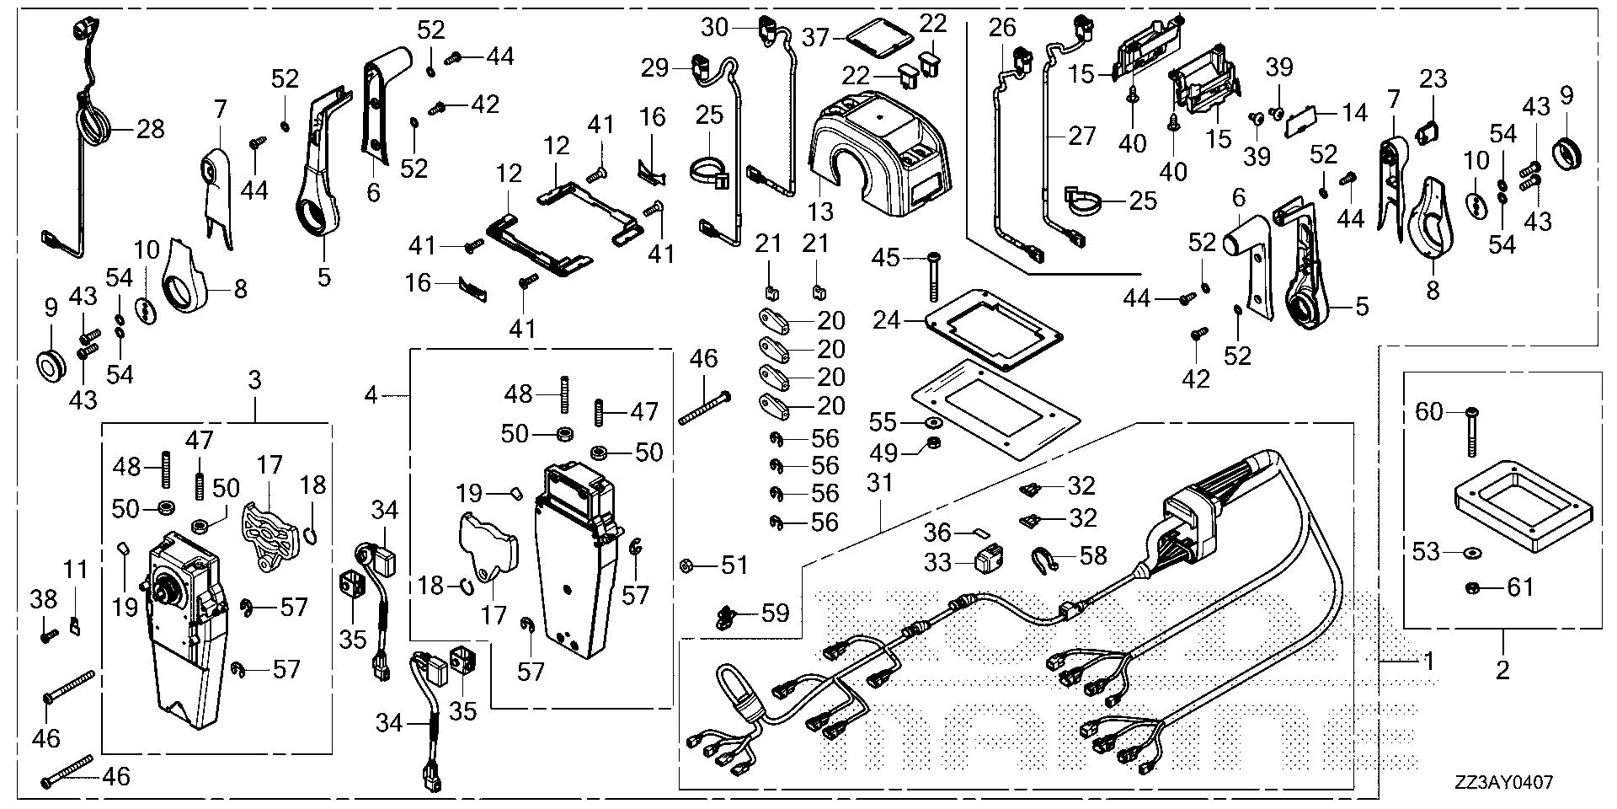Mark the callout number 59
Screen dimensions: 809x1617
coord(774,613)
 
